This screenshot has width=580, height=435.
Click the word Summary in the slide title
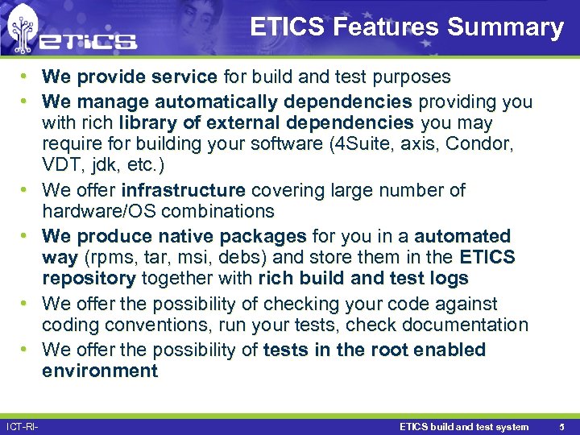[x=505, y=27]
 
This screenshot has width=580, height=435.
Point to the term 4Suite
[x=357, y=144]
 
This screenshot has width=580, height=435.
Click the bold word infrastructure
[x=183, y=190]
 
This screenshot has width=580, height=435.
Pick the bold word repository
[x=89, y=279]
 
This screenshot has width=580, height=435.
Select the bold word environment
[x=100, y=371]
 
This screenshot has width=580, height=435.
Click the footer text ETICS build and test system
[x=464, y=426]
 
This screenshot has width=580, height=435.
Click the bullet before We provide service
[x=27, y=77]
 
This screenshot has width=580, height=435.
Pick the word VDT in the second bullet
[x=60, y=165]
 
